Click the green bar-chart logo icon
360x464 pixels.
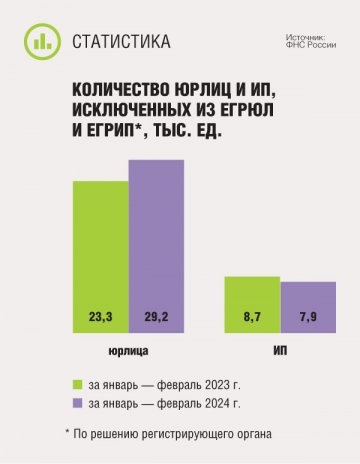pos(40,41)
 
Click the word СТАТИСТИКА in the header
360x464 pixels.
pos(122,41)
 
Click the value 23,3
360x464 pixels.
pos(100,317)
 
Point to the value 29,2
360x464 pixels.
pos(157,317)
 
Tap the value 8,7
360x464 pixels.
pos(252,317)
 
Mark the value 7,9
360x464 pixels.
pos(307,317)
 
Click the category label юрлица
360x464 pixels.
pos(128,353)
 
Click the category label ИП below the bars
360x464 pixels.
pos(280,353)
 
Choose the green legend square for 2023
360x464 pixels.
pos(77,383)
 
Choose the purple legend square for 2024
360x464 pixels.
pos(77,404)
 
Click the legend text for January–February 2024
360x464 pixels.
pos(165,404)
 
